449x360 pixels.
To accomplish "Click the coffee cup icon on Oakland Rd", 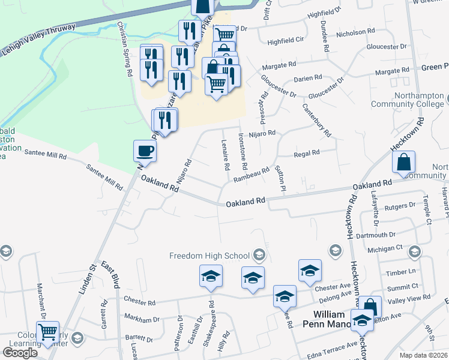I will [x=145, y=150].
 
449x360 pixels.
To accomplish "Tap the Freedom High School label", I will [x=209, y=256].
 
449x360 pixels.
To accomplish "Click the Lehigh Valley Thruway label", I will [x=38, y=38].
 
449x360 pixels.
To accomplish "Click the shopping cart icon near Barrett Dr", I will [x=48, y=332].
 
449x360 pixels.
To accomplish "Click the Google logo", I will [x=20, y=352].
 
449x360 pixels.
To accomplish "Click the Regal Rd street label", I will [x=307, y=154].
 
